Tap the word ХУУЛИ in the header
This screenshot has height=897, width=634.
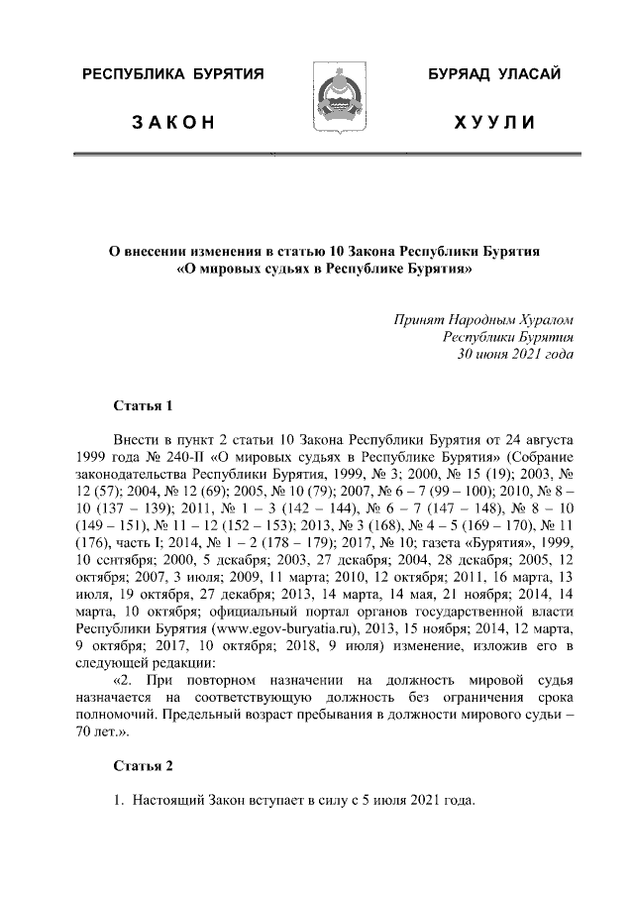494,124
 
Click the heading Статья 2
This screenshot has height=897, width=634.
143,767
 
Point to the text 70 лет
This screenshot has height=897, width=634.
98,732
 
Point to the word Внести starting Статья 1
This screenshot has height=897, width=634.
138,439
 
